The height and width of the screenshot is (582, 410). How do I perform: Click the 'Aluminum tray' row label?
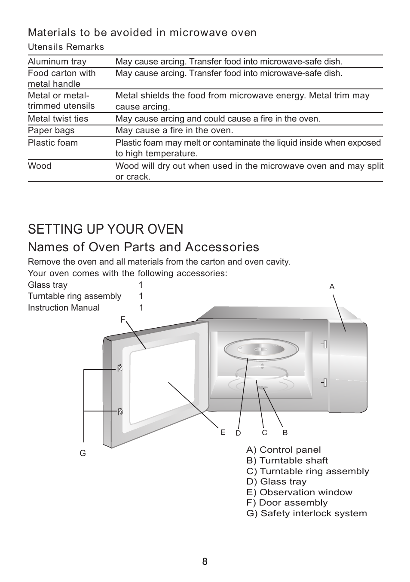57,61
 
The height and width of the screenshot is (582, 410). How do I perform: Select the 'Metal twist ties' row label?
58,119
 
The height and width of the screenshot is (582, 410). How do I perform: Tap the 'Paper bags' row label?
51,130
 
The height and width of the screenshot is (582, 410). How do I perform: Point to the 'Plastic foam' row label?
53,143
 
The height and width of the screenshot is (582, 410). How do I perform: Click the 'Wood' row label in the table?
40,166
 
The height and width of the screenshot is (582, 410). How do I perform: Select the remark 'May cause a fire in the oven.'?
174,130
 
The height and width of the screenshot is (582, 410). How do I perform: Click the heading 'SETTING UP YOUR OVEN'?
106,229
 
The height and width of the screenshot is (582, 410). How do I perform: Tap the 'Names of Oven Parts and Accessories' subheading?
144,247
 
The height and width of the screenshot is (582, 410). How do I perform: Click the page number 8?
205,561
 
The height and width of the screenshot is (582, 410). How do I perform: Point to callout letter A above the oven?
332,286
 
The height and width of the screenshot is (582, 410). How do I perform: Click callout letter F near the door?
123,320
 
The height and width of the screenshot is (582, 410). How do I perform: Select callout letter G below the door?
83,453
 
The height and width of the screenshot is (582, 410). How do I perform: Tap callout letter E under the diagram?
223,433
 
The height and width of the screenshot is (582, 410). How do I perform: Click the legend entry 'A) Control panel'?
284,450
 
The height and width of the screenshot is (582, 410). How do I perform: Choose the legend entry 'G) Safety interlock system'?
307,513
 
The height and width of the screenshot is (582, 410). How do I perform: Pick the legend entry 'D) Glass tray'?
276,481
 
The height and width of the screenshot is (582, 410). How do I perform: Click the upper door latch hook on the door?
120,368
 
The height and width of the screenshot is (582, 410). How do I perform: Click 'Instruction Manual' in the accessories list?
64,308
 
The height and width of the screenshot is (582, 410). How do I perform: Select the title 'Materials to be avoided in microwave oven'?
142,33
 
